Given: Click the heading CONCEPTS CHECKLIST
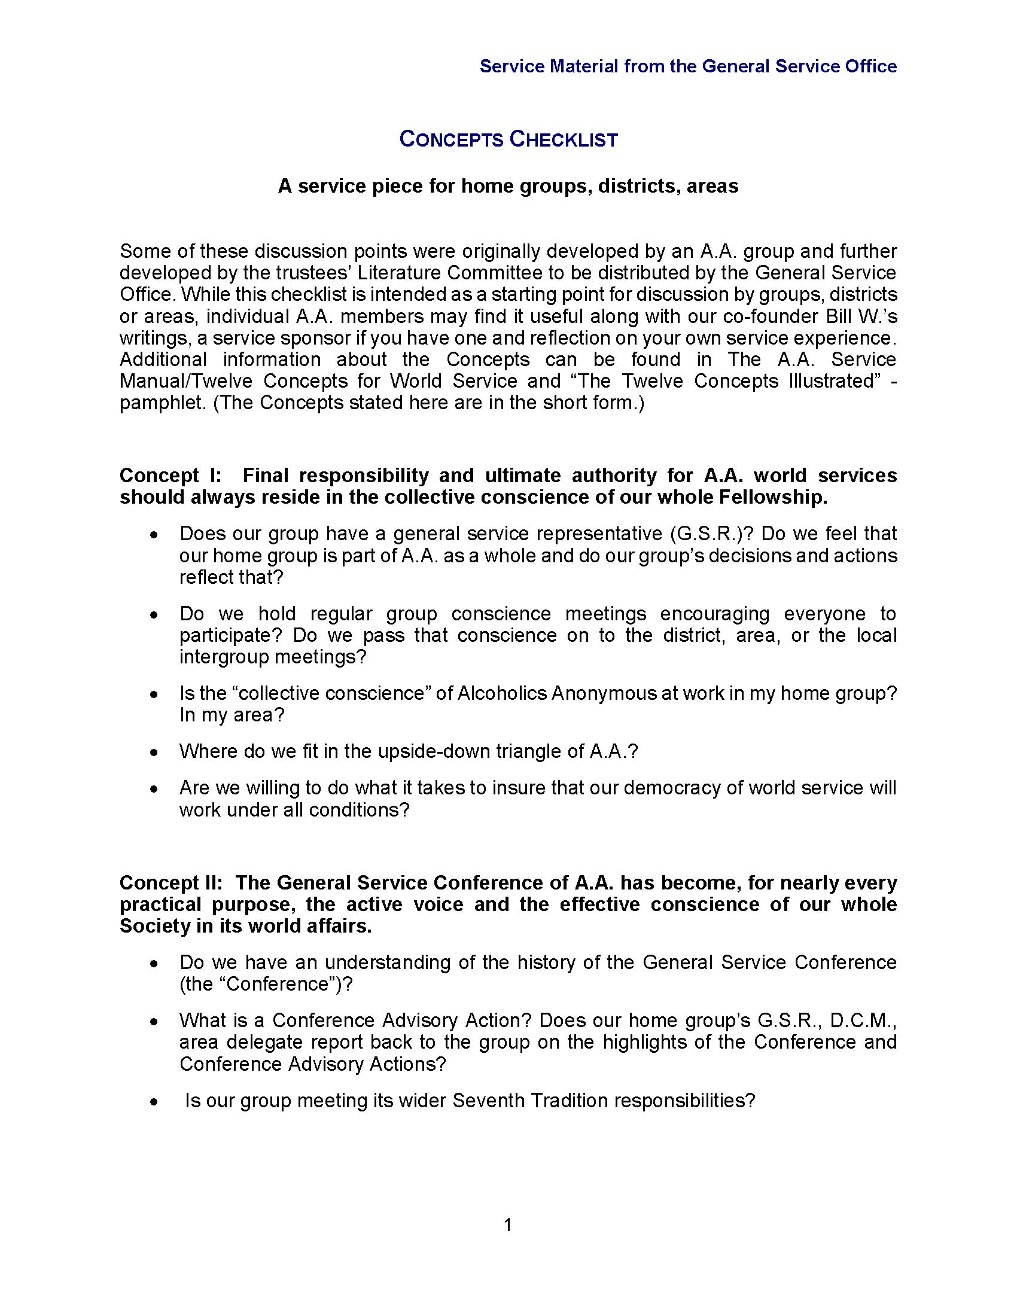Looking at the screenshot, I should pos(508,140).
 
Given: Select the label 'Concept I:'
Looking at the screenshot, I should pos(170,476).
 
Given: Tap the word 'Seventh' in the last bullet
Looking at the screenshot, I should pos(489,1101).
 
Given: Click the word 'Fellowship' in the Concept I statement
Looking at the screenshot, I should pos(772,498).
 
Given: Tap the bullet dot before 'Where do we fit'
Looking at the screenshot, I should pos(155,753).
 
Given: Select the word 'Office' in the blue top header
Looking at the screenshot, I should pos(870,66).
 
